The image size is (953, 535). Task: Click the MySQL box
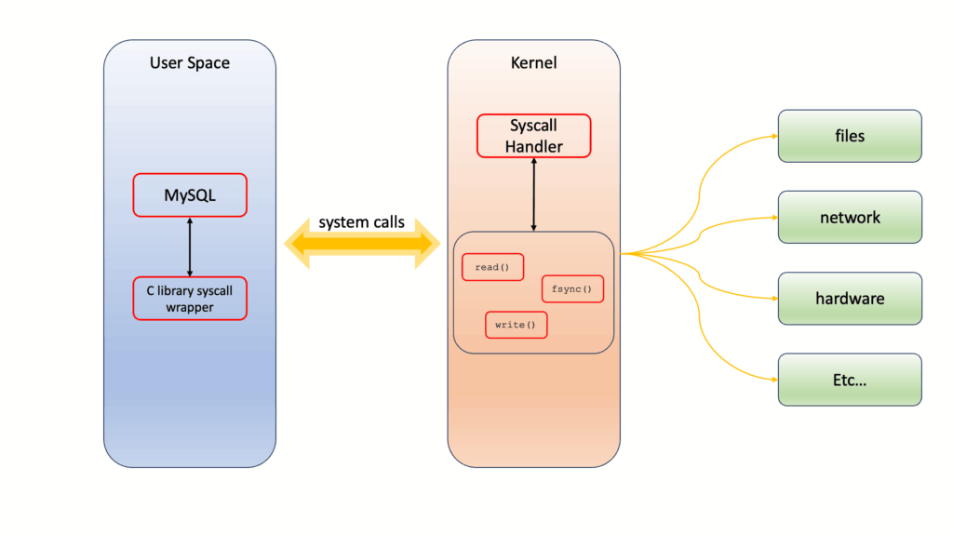point(190,195)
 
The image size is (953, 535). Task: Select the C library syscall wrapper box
point(190,298)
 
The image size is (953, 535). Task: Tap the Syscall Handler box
point(533,136)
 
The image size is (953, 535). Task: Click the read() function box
point(492,267)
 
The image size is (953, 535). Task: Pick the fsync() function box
point(571,289)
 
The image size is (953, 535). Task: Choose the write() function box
point(516,325)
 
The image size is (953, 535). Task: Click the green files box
point(849,136)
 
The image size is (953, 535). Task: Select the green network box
point(849,217)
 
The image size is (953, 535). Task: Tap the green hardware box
point(849,299)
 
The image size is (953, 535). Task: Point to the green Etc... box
point(849,380)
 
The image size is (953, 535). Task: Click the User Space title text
point(190,63)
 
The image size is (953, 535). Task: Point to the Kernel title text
point(533,63)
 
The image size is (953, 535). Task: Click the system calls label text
point(361,222)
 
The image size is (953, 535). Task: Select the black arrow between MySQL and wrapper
point(190,247)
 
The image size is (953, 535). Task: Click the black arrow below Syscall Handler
point(533,194)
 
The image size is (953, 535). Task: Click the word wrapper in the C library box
point(190,307)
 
